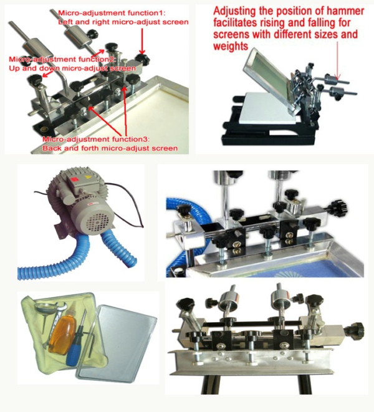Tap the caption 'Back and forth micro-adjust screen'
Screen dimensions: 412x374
[x=110, y=148]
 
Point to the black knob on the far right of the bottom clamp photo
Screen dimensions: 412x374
[x=357, y=328]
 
